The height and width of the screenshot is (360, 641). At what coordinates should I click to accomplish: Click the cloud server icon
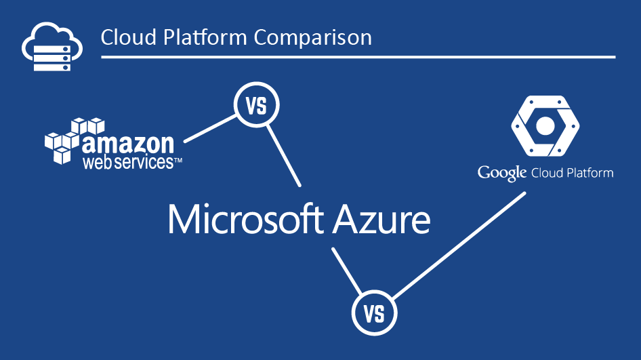tap(52, 47)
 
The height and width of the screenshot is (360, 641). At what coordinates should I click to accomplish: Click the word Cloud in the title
tap(129, 37)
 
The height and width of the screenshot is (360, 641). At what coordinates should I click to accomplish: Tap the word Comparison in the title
tap(313, 38)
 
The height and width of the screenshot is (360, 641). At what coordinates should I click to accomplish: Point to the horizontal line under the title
tap(358, 57)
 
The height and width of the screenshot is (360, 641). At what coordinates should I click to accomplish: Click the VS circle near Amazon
tap(257, 105)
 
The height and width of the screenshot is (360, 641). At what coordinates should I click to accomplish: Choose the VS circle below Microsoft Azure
tap(375, 313)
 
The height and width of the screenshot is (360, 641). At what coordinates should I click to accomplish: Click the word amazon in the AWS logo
tap(128, 143)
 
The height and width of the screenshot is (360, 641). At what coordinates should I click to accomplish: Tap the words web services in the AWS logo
tap(128, 162)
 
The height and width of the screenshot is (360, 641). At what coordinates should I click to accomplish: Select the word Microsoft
tap(246, 220)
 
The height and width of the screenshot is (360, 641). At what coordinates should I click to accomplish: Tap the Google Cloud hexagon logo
tap(545, 126)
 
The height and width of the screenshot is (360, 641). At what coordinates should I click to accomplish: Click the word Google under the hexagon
tap(502, 174)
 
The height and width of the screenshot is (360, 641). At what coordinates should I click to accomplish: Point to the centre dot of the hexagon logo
tap(545, 126)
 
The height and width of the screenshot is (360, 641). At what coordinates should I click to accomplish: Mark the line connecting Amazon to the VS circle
tap(210, 129)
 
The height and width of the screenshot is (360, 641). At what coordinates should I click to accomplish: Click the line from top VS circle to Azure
tap(284, 156)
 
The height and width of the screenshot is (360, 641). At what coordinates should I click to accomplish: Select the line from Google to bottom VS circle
tap(459, 245)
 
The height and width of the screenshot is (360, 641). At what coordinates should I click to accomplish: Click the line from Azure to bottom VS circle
tap(347, 271)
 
